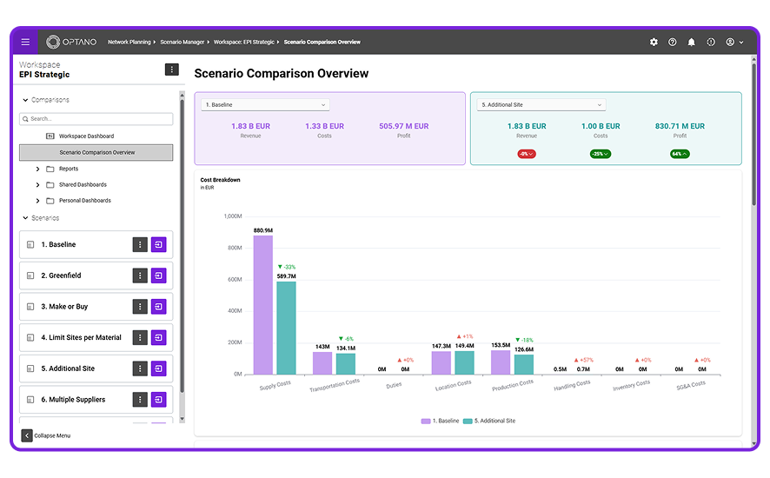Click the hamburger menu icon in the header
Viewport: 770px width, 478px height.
tap(25, 43)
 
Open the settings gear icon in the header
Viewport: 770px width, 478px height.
tap(654, 43)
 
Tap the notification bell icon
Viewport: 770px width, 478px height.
tap(692, 43)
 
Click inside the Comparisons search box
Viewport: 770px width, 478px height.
tap(96, 119)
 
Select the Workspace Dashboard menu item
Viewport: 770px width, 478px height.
tap(86, 136)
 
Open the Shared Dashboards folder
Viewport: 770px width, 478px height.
tap(83, 185)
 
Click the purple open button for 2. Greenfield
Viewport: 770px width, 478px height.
tap(159, 276)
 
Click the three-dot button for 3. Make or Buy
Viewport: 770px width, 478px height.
tap(140, 307)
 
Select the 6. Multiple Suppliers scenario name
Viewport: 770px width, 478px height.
tap(73, 400)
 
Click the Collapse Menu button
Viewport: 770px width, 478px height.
tap(46, 435)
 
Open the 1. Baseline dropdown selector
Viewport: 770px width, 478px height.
tap(265, 104)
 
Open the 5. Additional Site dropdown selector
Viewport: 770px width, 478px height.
tap(541, 104)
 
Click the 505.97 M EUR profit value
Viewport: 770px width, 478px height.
tap(403, 126)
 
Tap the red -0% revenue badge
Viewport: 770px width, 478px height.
tap(527, 154)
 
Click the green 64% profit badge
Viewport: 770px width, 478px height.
tap(680, 154)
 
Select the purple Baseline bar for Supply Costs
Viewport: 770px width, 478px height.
tap(263, 305)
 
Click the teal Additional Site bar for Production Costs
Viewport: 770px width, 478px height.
tap(524, 364)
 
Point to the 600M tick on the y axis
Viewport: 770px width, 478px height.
tap(235, 280)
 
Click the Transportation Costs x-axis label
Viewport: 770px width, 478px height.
tap(335, 385)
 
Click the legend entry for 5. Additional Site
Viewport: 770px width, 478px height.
tap(489, 421)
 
